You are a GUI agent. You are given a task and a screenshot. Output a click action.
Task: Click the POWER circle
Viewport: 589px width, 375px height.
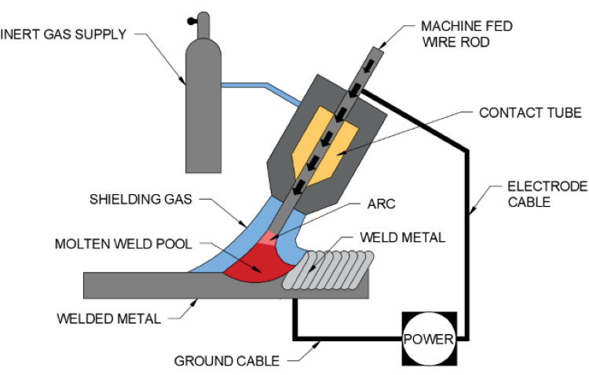429,340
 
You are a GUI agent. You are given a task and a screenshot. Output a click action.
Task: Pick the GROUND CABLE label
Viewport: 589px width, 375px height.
226,362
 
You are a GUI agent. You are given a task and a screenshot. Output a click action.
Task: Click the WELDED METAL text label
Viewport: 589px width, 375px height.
108,318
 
